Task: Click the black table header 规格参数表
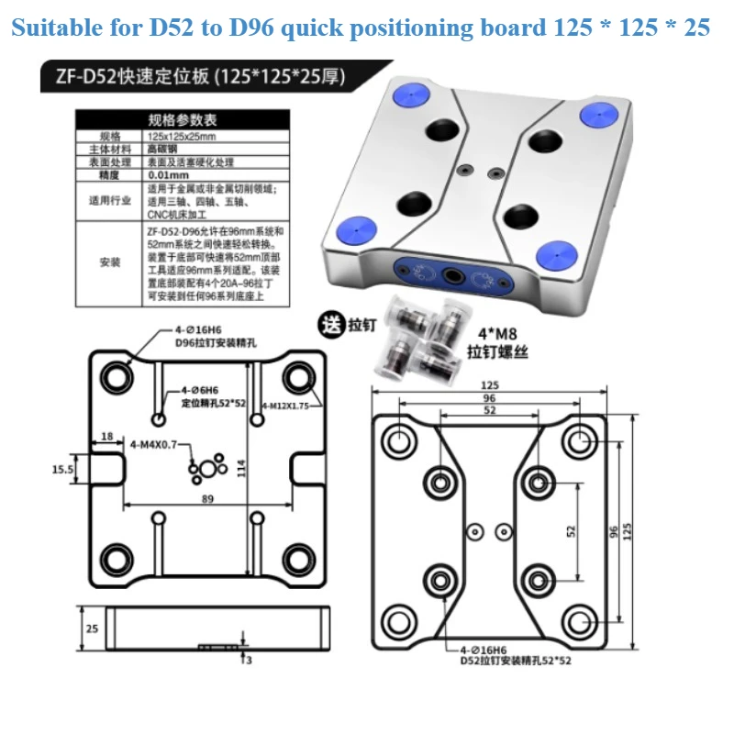183,119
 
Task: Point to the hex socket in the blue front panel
451,274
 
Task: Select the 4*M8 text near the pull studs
496,333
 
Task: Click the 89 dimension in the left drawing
207,499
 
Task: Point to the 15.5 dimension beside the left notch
63,469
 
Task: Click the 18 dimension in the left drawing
107,438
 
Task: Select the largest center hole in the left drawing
209,470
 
